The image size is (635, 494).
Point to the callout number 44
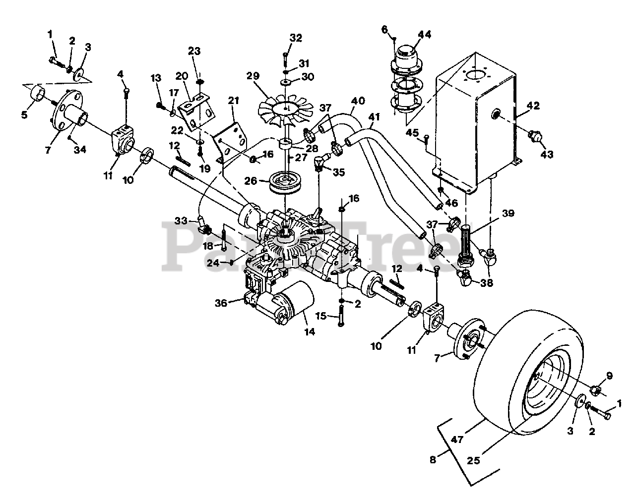(424, 35)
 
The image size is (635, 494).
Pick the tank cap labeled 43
(535, 137)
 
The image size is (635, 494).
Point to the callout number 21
(234, 101)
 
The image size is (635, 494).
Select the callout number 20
(182, 76)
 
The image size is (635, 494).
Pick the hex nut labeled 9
(597, 390)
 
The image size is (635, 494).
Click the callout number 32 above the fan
(296, 38)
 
